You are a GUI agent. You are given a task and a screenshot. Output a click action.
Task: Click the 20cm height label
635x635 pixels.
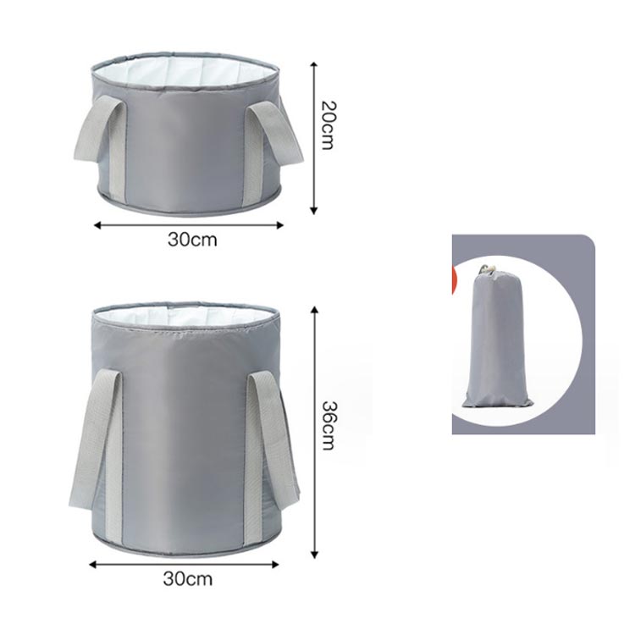click(x=327, y=125)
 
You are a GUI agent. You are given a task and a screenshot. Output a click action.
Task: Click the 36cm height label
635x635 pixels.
click(x=328, y=425)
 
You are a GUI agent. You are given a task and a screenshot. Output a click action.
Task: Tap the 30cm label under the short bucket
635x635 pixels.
click(x=192, y=240)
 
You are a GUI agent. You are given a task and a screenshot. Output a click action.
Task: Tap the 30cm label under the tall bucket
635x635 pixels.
click(x=187, y=579)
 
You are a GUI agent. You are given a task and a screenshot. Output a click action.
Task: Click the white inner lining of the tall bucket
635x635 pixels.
click(x=185, y=315)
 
